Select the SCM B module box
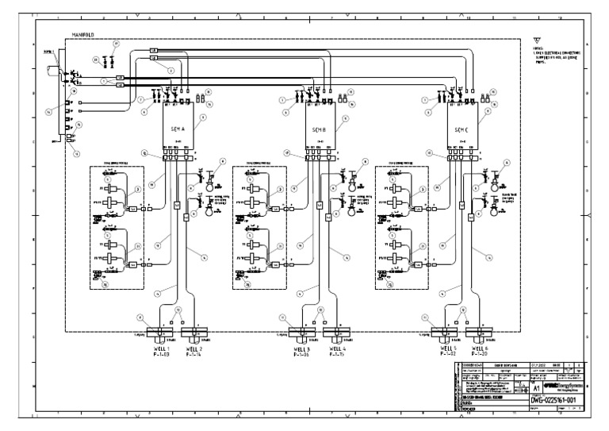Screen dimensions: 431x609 pos(320,129)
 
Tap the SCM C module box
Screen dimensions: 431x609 pos(462,129)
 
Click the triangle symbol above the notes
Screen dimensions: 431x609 pos(539,44)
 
